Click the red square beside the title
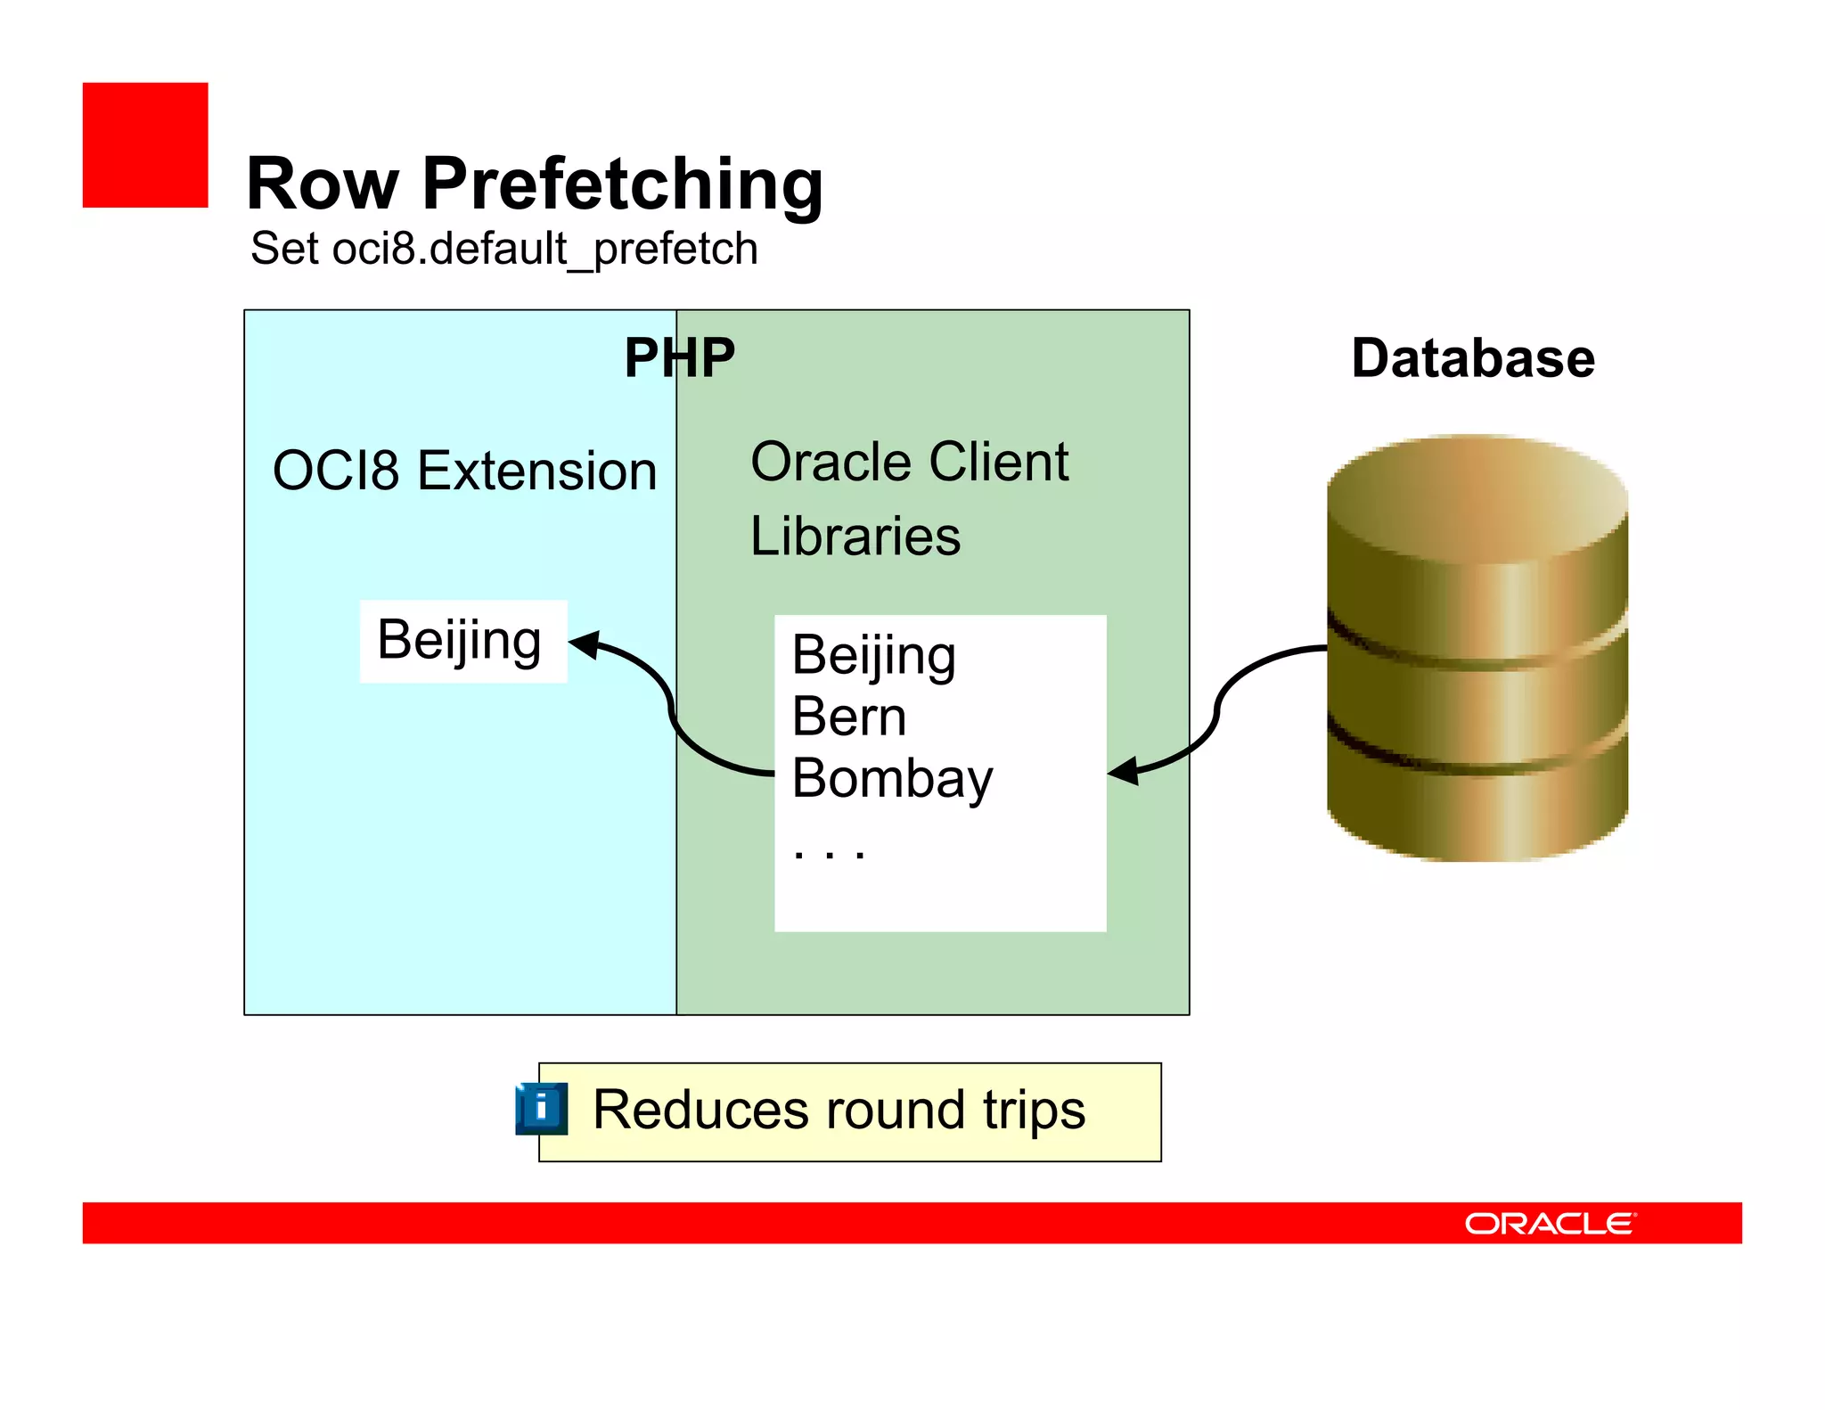tap(145, 145)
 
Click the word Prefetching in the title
tap(622, 184)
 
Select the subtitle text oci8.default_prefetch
tap(544, 249)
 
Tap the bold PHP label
tap(679, 357)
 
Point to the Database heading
tap(1472, 358)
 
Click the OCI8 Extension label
tap(464, 471)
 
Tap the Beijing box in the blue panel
tap(462, 640)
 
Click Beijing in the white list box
tap(873, 656)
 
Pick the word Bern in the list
tap(848, 717)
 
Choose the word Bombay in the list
tap(891, 779)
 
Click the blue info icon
tap(541, 1109)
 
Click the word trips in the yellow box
tap(1034, 1111)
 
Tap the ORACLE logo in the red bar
tap(1549, 1223)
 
